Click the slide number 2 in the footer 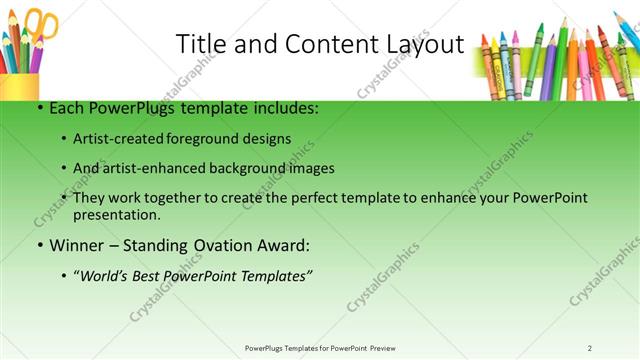coord(590,347)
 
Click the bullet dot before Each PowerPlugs coord(37,108)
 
